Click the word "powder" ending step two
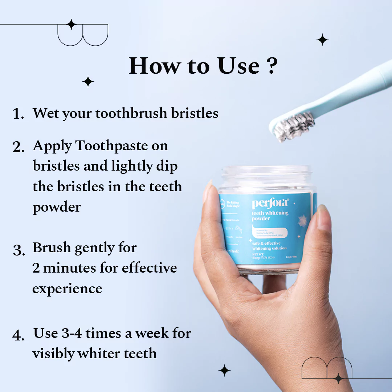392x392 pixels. [57, 208]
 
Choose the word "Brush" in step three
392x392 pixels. [52, 248]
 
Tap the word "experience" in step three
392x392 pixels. [67, 289]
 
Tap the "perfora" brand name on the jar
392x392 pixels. [270, 203]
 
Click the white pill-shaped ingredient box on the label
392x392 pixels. [269, 231]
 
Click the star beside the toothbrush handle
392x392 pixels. [322, 40]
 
